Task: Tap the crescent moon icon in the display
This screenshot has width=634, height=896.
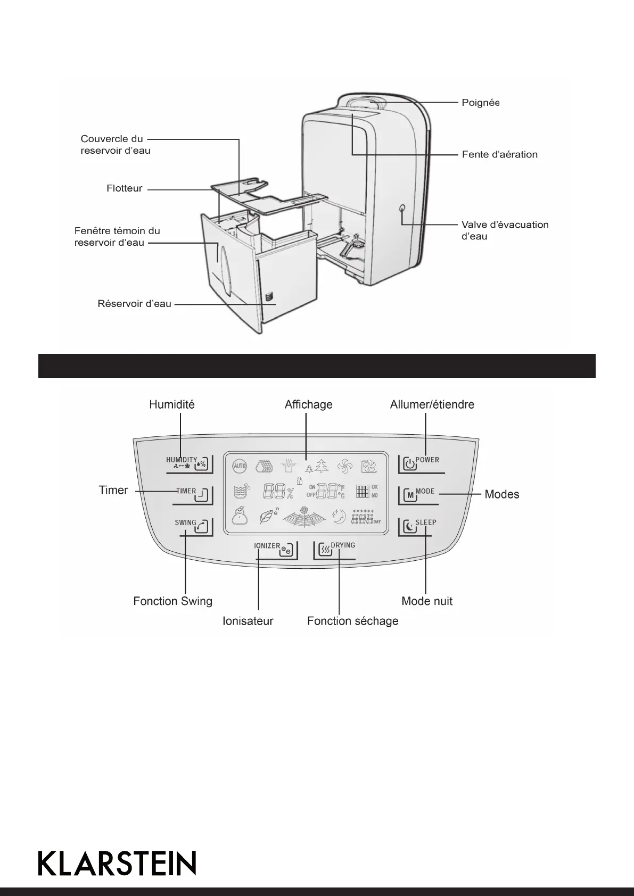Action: tap(339, 516)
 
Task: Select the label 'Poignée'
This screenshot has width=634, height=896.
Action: tap(480, 103)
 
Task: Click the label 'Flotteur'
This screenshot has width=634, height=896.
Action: tap(125, 188)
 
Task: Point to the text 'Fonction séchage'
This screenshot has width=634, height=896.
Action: tap(352, 621)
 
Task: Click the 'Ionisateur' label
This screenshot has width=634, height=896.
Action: tap(248, 621)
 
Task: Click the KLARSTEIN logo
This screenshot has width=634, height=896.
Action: tap(117, 863)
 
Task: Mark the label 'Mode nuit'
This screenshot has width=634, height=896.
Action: tap(427, 601)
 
